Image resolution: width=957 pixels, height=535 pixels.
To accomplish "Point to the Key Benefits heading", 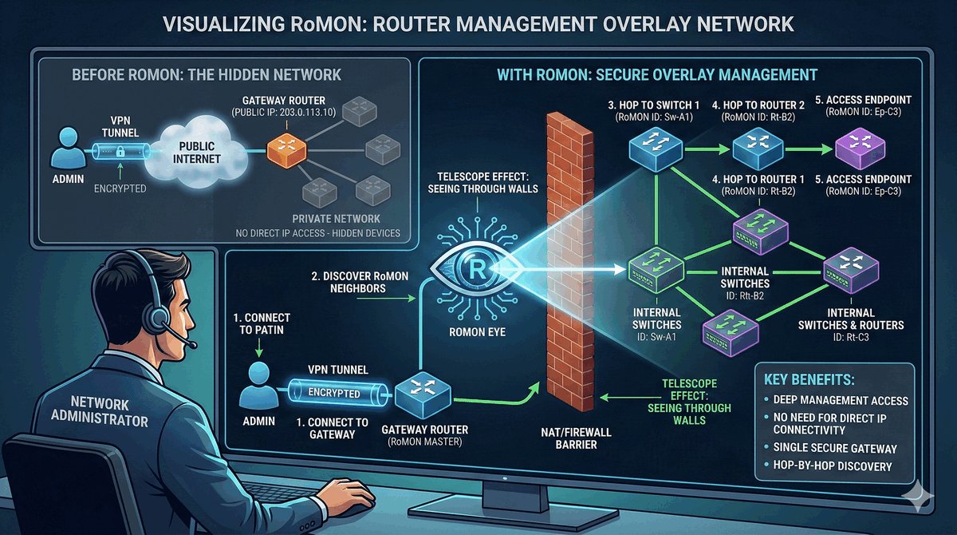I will tap(810, 378).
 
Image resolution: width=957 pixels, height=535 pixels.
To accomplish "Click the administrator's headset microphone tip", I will tap(193, 344).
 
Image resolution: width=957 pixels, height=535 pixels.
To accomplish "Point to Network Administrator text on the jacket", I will tap(100, 409).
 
